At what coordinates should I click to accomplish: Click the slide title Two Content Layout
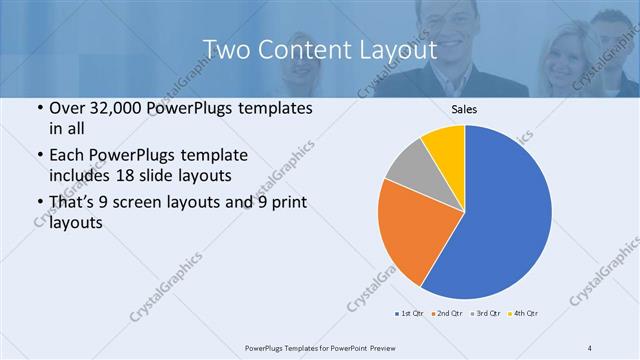click(319, 49)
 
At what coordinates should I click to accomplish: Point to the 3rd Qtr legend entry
click(486, 313)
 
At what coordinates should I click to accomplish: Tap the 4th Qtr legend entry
click(524, 313)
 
